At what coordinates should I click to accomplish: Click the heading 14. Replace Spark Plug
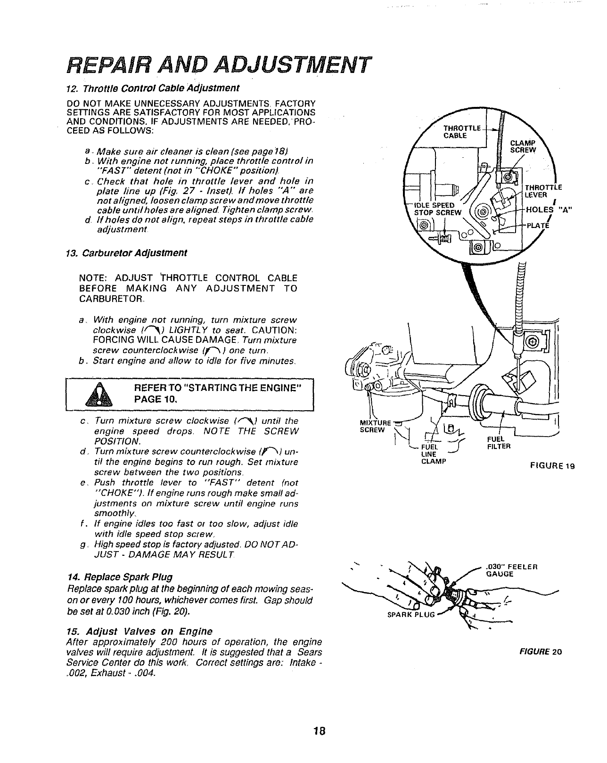pyautogui.click(x=120, y=576)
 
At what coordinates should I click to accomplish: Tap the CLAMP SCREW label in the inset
pyautogui.click(x=524, y=146)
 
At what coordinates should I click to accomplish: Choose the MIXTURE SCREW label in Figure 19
pyautogui.click(x=372, y=426)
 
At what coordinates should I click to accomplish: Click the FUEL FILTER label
pyautogui.click(x=499, y=443)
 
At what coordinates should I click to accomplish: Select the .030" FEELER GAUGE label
pyautogui.click(x=511, y=570)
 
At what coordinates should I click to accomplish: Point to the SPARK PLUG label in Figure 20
pyautogui.click(x=408, y=615)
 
